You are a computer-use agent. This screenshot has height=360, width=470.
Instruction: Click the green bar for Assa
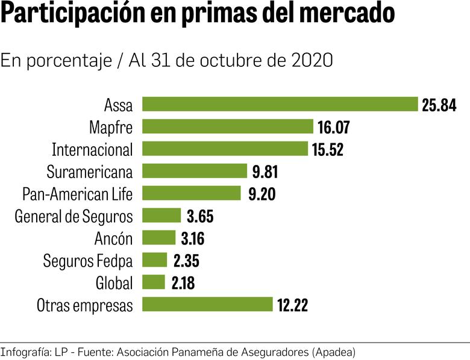(x=280, y=104)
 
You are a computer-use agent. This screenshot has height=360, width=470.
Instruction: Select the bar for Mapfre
(x=227, y=126)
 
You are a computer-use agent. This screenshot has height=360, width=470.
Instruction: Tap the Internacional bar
(x=225, y=149)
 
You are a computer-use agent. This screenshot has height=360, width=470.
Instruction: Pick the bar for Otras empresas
(x=207, y=305)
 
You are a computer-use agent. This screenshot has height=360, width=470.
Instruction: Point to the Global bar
(x=153, y=282)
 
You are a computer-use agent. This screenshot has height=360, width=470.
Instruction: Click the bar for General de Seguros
(x=161, y=216)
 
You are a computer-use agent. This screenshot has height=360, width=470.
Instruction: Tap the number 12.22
(x=292, y=305)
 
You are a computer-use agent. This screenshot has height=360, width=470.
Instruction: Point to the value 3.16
(x=192, y=238)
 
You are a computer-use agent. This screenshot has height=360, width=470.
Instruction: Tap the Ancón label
(x=113, y=238)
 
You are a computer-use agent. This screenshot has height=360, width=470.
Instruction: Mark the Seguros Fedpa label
(x=87, y=261)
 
